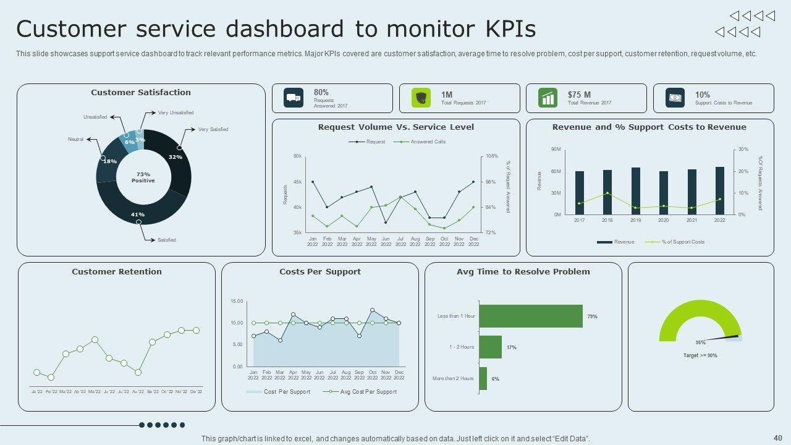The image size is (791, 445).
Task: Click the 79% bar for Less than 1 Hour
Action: coord(530,316)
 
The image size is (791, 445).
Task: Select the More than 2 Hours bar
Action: coord(483,378)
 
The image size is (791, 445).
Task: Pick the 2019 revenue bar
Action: coord(635,191)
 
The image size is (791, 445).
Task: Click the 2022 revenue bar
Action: coord(719,191)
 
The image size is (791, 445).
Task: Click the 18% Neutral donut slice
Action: coord(108,162)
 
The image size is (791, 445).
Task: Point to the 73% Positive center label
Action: coord(143,177)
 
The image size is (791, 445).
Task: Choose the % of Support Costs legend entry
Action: coord(682,242)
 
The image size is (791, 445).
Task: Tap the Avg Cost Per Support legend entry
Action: coord(368,392)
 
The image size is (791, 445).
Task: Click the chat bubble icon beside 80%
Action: coord(294,98)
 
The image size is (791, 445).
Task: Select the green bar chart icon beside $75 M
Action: coord(548,98)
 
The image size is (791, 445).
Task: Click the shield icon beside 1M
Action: coord(421,98)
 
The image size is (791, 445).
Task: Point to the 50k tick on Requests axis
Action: coord(297,156)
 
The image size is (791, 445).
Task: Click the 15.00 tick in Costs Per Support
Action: coord(237,302)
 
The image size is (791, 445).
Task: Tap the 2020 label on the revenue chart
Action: coord(663,221)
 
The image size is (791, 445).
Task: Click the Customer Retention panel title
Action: coord(117,272)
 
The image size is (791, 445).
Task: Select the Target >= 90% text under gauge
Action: coord(700,356)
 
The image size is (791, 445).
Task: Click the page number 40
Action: coord(777,438)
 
